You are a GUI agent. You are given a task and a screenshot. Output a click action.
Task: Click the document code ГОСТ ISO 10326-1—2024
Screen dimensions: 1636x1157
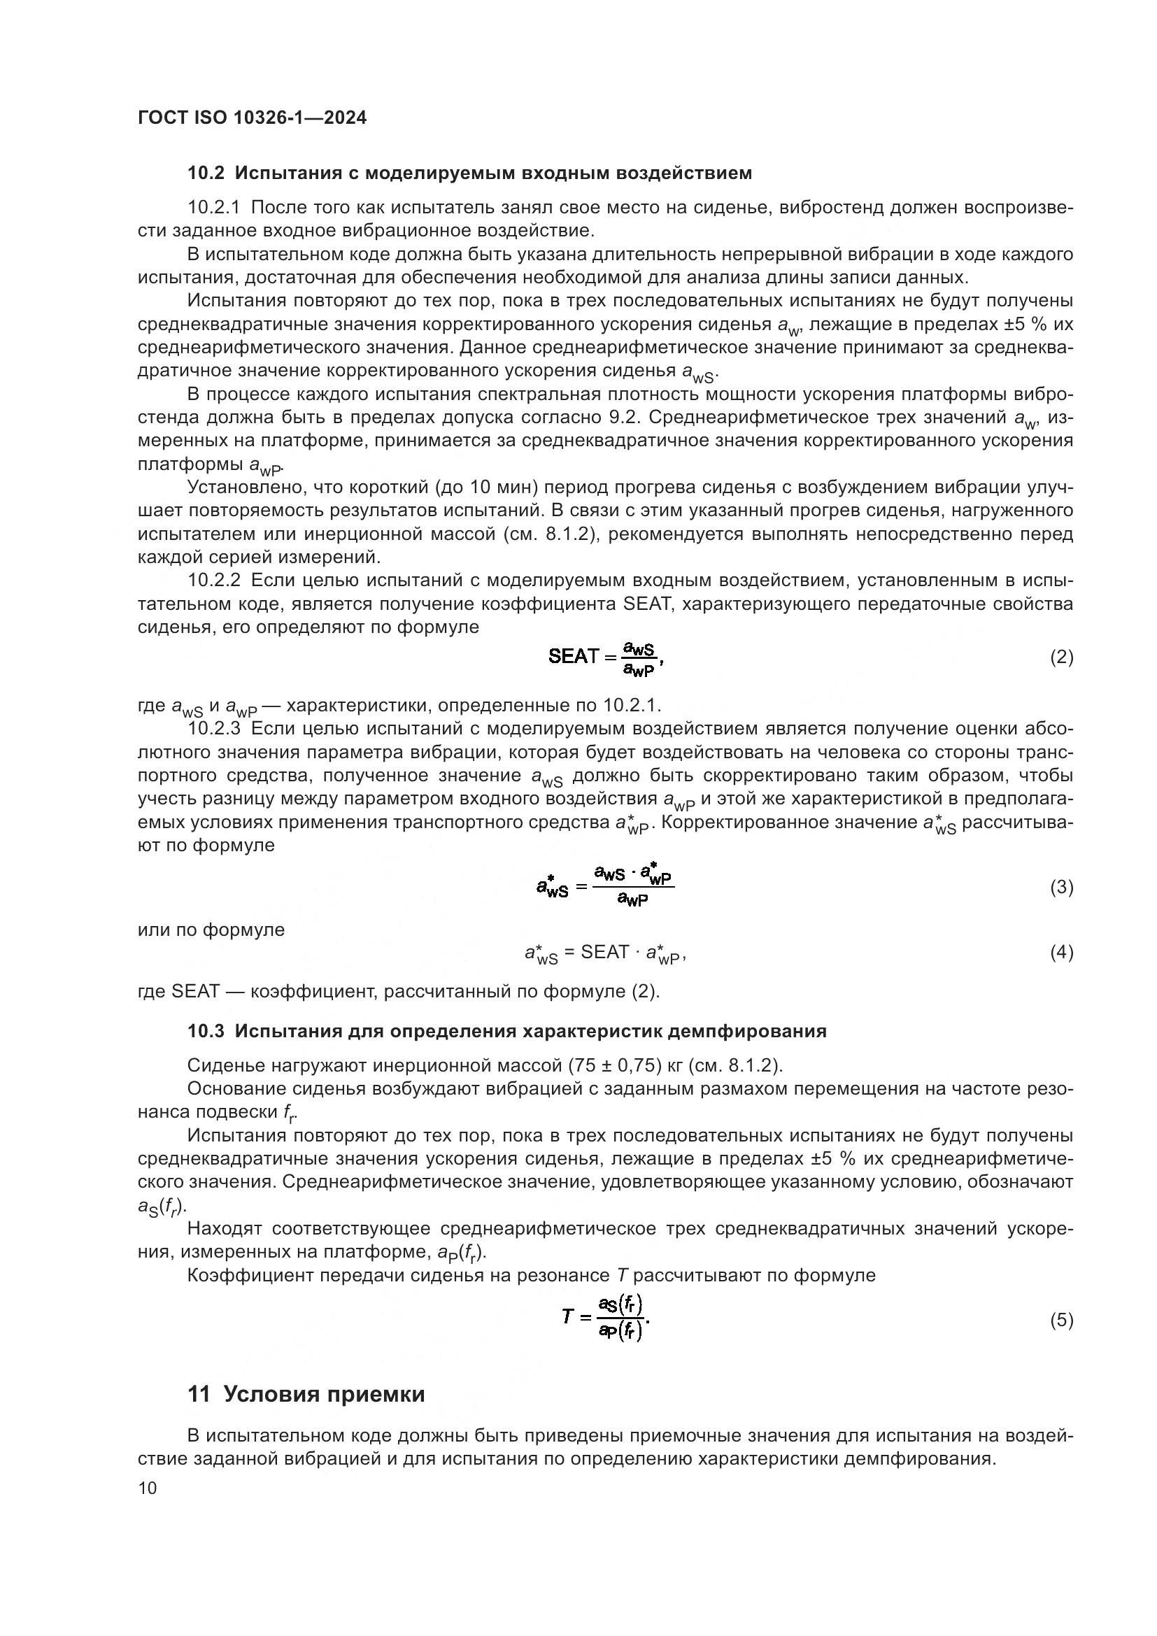(x=252, y=118)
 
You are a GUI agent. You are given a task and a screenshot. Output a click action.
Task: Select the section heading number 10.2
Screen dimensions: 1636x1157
(x=206, y=173)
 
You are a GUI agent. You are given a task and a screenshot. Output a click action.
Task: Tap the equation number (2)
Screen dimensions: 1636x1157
(x=1062, y=657)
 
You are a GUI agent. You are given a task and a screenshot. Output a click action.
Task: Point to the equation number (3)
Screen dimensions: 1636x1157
(x=1062, y=887)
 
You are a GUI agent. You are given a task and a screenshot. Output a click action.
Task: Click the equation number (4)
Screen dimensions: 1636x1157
(x=1062, y=953)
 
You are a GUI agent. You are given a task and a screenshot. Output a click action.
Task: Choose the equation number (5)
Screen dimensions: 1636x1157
(x=1062, y=1320)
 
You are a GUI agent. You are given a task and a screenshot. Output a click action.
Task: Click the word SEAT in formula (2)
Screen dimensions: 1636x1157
(x=573, y=656)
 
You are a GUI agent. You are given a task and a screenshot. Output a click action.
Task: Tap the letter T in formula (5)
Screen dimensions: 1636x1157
(x=567, y=1316)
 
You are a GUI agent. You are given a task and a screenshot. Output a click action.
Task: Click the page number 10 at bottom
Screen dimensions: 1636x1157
(x=148, y=1488)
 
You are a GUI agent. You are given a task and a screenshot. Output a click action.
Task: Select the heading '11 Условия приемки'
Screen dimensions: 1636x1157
(x=306, y=1395)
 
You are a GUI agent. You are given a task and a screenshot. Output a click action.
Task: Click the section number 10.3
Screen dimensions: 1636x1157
(x=206, y=1031)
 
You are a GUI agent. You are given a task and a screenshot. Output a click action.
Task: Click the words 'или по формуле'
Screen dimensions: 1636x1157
(x=211, y=930)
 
